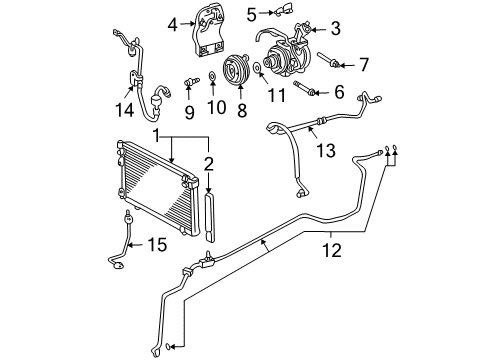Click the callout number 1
[157, 133]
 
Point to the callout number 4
[172, 23]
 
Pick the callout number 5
[252, 12]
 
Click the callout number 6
[337, 93]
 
